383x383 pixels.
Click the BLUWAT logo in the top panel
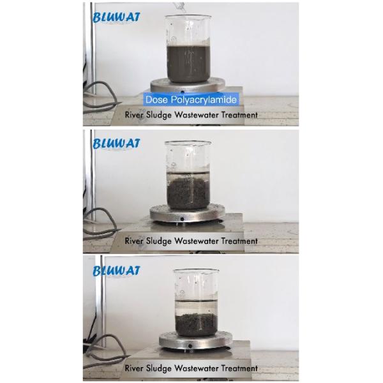[116, 17]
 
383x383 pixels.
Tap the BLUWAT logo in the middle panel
[116, 144]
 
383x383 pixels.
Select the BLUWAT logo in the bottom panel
[116, 271]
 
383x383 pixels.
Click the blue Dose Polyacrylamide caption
[191, 100]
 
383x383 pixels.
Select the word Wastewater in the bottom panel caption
[196, 368]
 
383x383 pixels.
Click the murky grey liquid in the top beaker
[188, 63]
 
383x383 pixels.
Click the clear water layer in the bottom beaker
[196, 307]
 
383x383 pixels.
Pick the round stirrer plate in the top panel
[188, 86]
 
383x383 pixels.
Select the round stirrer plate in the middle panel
[187, 213]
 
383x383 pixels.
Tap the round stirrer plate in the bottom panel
[196, 340]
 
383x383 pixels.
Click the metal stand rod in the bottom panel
[103, 301]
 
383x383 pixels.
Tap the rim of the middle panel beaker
[188, 142]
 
